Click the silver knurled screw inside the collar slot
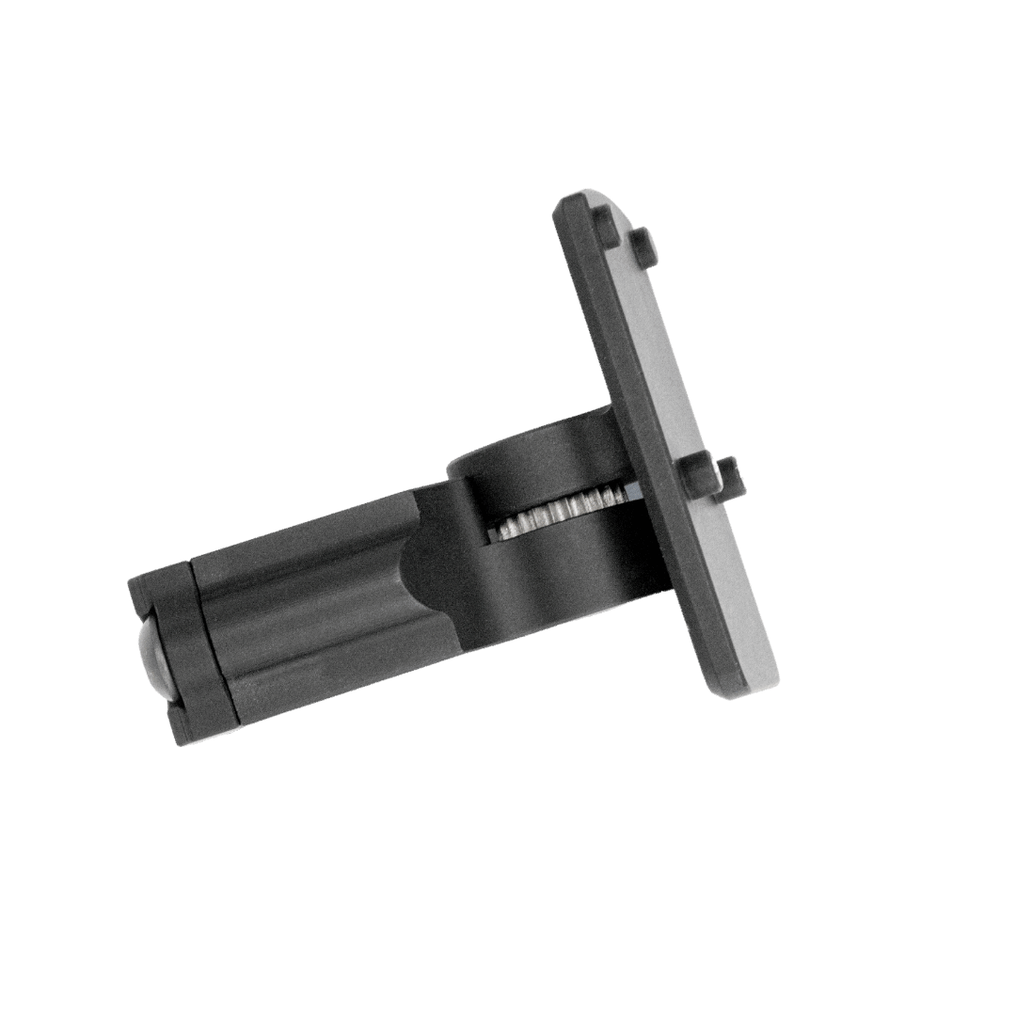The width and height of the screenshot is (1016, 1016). click(555, 513)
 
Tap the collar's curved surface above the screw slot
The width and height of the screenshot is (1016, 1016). click(536, 461)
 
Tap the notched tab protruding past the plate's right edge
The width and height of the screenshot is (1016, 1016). click(733, 477)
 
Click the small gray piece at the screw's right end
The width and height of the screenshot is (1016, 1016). click(636, 491)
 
